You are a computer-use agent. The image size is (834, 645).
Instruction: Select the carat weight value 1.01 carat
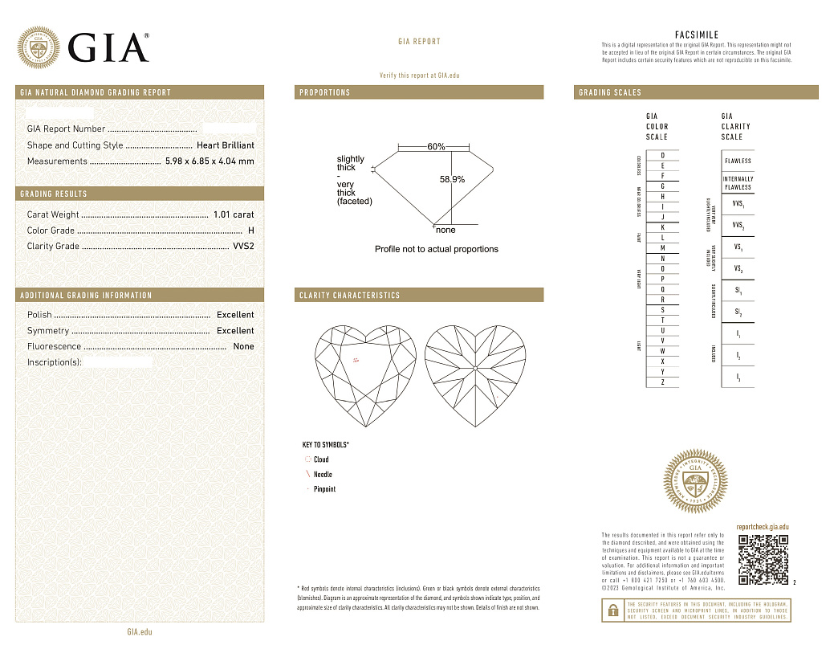tap(234, 214)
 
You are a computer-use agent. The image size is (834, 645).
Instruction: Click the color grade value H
tap(251, 231)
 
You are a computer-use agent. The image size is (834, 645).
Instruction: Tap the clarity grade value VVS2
tap(243, 247)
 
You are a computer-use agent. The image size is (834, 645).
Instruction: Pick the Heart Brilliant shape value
tap(226, 145)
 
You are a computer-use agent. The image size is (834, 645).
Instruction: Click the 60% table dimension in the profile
tap(436, 147)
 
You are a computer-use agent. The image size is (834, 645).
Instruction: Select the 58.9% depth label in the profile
tap(452, 179)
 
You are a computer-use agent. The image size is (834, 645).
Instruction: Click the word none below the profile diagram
tap(445, 230)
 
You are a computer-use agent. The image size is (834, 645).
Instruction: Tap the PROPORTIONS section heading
tap(325, 92)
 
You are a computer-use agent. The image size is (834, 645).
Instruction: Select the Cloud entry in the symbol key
tap(321, 459)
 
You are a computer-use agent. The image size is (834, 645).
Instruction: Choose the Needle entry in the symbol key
tap(323, 475)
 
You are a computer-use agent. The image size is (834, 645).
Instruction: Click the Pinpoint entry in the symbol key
tap(324, 489)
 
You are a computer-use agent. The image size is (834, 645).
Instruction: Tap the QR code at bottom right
tap(763, 559)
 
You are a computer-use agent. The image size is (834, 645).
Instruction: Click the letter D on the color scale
tap(662, 155)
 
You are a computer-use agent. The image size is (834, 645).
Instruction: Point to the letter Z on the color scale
tap(662, 382)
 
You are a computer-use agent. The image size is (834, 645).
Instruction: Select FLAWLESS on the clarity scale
tap(738, 161)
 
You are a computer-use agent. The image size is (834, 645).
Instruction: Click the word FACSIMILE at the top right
tap(696, 35)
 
